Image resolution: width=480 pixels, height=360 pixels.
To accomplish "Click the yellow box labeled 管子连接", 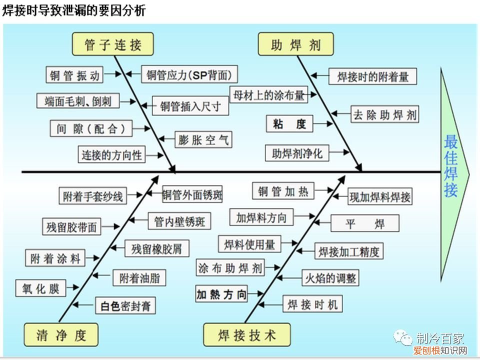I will click(113, 44).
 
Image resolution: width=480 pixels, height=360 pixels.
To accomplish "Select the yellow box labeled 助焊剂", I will click(296, 44).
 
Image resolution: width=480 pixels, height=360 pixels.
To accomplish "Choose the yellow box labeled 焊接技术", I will click(246, 335).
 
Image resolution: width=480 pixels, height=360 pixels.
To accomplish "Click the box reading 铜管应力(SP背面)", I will click(189, 75).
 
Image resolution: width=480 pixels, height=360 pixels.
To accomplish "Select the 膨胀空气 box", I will click(203, 140).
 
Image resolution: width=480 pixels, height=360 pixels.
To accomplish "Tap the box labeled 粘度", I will click(289, 124).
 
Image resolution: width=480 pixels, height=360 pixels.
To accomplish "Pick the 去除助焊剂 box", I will click(384, 114).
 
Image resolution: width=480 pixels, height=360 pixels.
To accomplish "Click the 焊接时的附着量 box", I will click(372, 76).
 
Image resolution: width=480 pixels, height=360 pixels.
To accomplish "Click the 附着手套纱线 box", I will click(92, 195).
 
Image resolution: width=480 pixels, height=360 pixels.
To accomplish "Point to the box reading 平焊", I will click(365, 223).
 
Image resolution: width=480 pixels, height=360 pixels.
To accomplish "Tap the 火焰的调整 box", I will click(330, 278).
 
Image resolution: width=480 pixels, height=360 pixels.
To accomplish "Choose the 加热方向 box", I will click(222, 294).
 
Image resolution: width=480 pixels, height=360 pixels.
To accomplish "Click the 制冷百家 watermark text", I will click(440, 338).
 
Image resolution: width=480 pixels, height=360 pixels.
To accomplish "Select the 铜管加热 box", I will click(283, 191).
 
